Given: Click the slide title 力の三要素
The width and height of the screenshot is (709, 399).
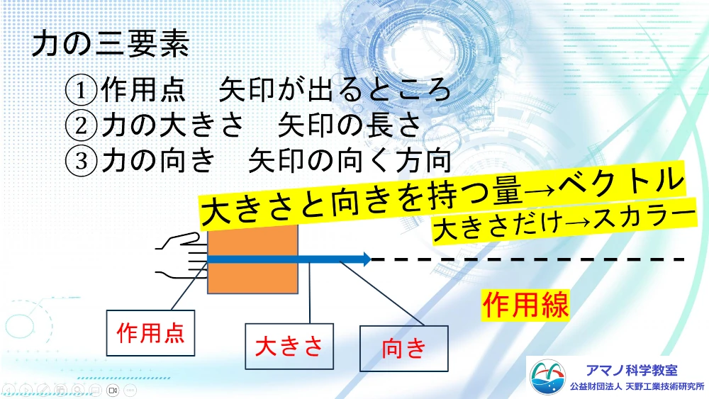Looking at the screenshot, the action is [x=111, y=44].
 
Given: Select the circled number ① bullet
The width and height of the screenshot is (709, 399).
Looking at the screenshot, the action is [x=82, y=90].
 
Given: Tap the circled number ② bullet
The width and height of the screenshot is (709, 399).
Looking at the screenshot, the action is [x=82, y=125].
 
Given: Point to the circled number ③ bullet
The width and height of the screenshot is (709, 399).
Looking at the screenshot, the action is [x=82, y=160].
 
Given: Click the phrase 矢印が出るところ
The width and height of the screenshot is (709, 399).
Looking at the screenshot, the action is [x=335, y=89].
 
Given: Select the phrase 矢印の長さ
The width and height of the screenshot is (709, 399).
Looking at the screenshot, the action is [x=350, y=124].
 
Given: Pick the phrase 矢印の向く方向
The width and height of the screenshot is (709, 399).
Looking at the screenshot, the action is [x=350, y=159].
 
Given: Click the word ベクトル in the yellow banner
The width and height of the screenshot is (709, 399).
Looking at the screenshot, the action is [x=621, y=182].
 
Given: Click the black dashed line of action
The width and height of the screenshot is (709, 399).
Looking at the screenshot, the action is [x=527, y=259].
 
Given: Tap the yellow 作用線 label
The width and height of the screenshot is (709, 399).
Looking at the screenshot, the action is [x=525, y=305].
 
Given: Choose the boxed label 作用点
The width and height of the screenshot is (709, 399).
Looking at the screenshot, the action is [x=150, y=333].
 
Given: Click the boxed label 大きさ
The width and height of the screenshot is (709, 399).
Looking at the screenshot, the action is [x=289, y=347].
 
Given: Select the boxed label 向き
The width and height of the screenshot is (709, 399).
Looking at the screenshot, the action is [x=404, y=349].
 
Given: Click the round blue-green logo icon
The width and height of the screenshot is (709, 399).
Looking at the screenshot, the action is [x=547, y=377].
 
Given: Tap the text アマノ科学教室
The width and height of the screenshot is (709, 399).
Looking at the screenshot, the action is [x=632, y=370].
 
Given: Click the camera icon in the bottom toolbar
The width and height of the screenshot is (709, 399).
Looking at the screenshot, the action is [x=113, y=390].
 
